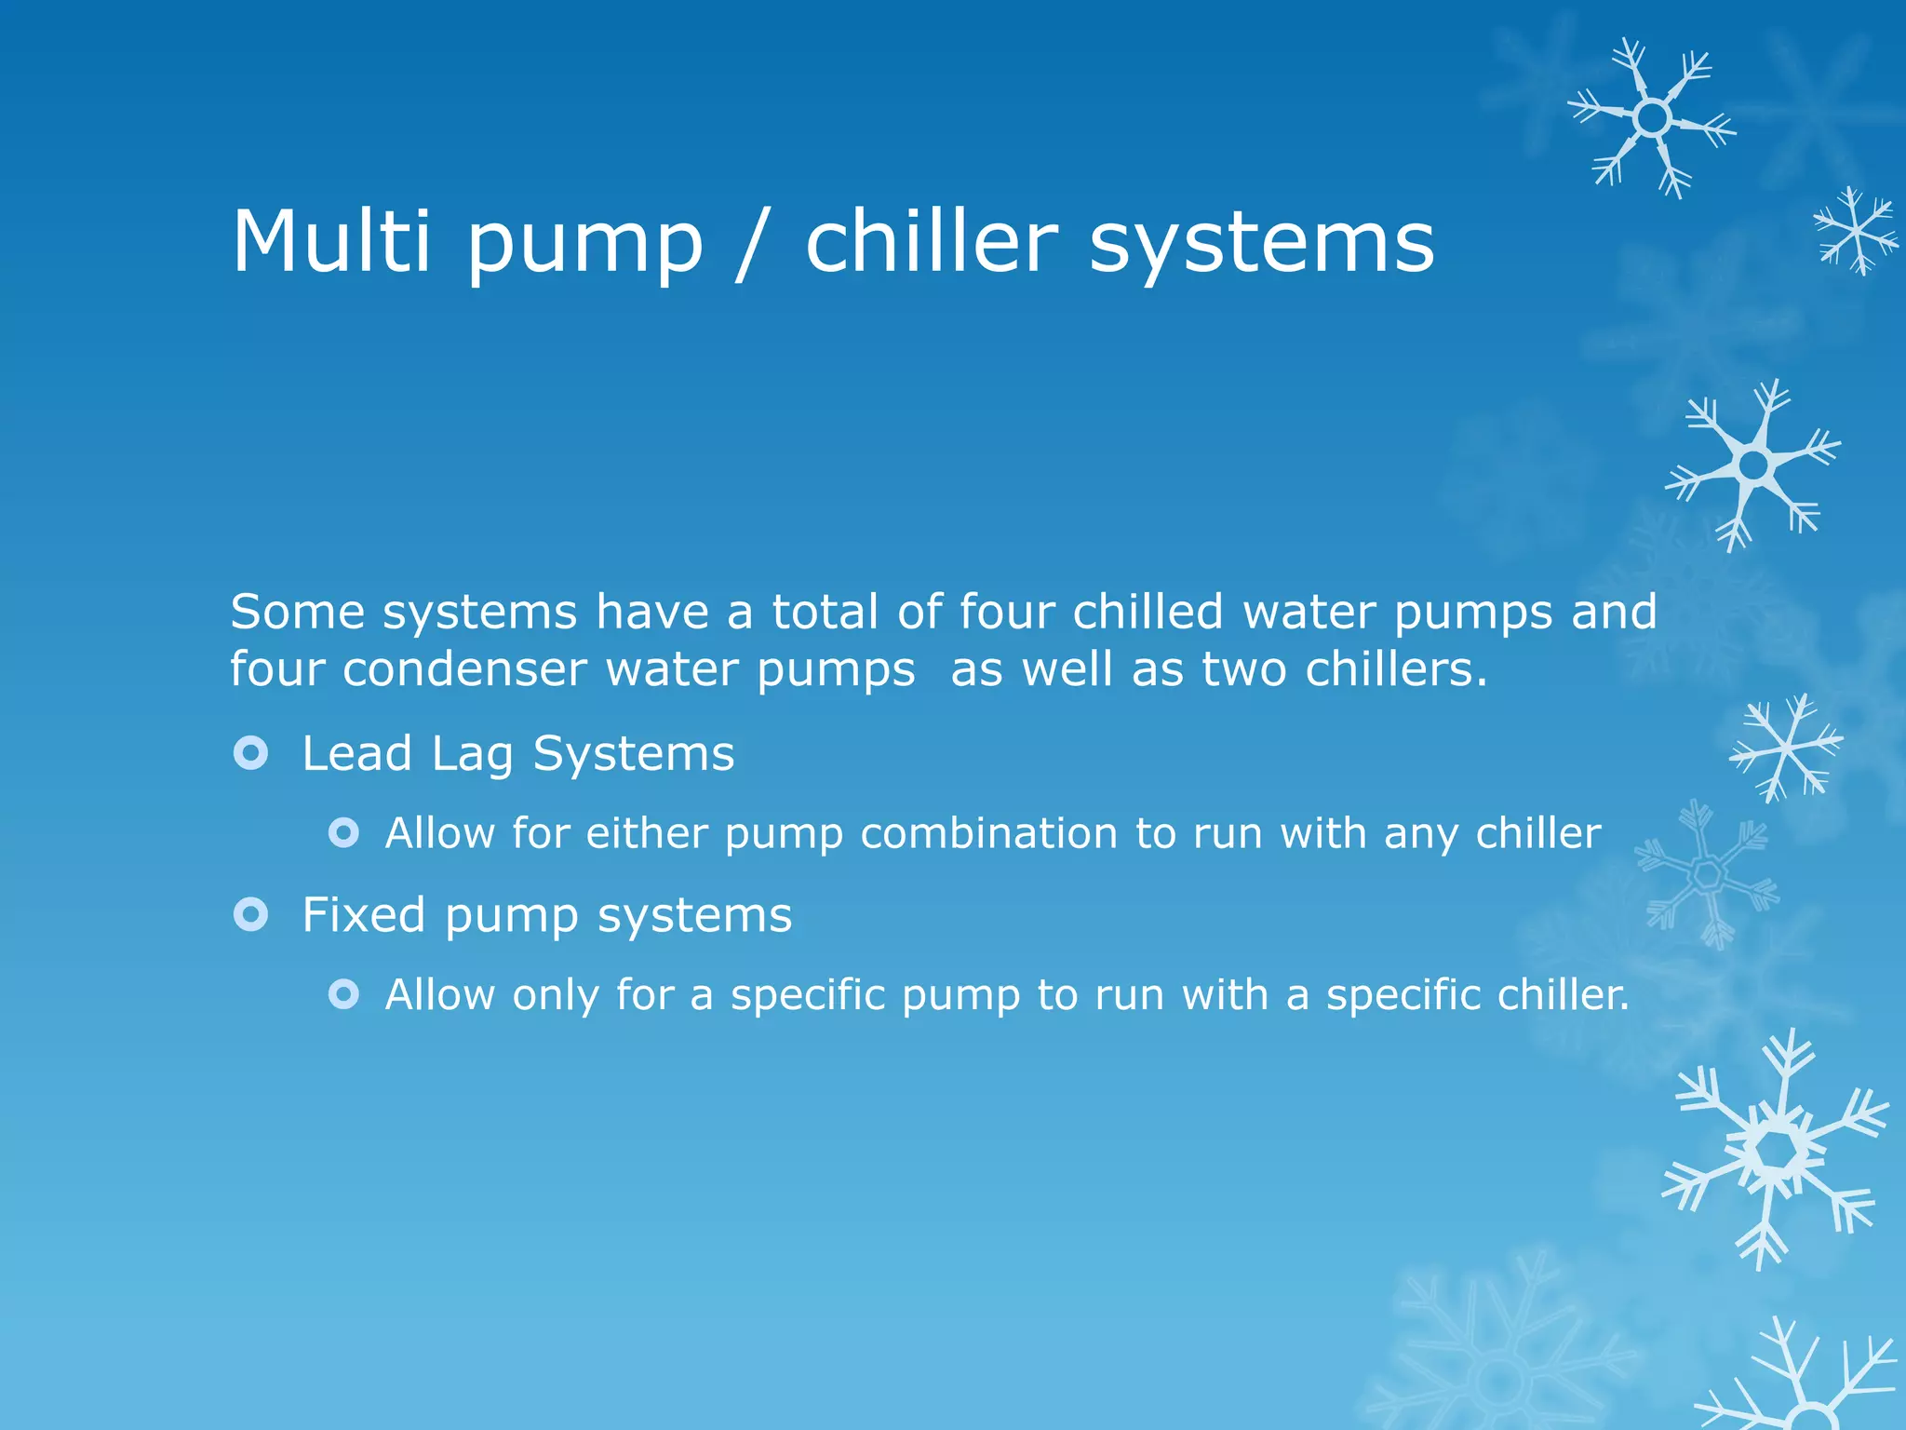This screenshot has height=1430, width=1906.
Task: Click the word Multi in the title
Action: [330, 241]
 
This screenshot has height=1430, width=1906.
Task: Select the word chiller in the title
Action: [932, 241]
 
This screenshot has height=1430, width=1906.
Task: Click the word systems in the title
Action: [1261, 244]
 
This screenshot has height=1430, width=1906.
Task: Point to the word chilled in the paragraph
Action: [1147, 612]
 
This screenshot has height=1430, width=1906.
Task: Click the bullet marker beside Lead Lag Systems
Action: [251, 752]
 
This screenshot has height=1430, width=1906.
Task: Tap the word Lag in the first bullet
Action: [473, 754]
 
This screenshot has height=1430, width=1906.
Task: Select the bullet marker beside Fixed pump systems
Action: [251, 914]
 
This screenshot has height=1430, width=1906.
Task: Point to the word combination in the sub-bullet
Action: [988, 833]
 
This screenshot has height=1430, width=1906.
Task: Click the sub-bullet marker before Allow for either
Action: [343, 832]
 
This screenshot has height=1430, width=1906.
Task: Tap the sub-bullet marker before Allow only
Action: [343, 994]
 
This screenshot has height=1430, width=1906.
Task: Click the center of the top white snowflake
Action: [1653, 118]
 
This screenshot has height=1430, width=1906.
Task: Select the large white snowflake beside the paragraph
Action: [1753, 465]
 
